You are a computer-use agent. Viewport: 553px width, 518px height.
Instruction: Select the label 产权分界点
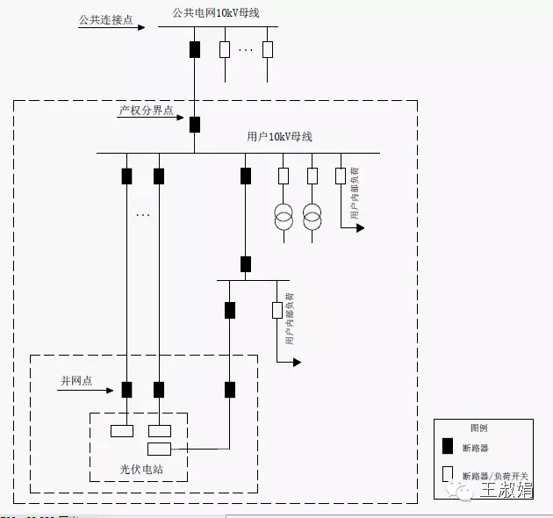[145, 112]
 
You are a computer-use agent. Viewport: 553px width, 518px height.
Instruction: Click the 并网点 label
[76, 380]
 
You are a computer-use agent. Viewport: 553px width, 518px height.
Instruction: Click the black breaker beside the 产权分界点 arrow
[194, 125]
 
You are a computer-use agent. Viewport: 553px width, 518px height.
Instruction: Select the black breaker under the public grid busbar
[194, 49]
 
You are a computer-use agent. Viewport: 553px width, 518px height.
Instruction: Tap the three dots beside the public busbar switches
[246, 49]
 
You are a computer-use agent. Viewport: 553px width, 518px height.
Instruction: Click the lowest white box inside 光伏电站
[159, 450]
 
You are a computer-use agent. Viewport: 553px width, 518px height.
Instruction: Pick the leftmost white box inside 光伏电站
[121, 431]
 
